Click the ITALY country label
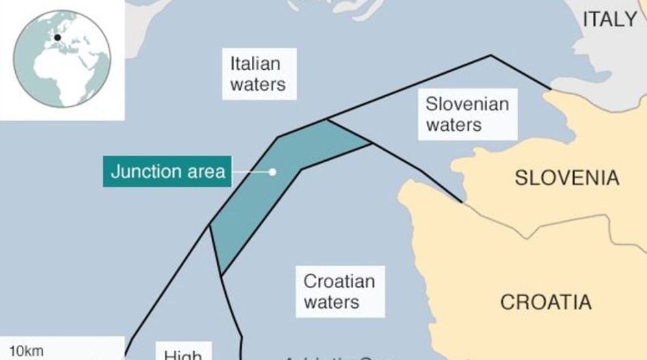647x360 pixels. (609, 20)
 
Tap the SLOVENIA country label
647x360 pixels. (567, 178)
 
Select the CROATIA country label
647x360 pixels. (546, 302)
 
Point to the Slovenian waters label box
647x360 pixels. (467, 114)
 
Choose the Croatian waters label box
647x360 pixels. (340, 292)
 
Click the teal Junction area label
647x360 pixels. (168, 171)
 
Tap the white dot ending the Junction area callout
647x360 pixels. (272, 172)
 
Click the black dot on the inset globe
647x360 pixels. (58, 38)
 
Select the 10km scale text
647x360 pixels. (26, 352)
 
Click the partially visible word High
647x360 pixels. (183, 355)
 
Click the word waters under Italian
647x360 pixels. (257, 84)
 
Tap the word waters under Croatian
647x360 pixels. (331, 302)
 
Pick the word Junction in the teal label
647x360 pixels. (142, 171)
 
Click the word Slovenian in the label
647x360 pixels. (467, 104)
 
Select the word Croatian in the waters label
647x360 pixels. (340, 281)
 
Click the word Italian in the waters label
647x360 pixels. (255, 64)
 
